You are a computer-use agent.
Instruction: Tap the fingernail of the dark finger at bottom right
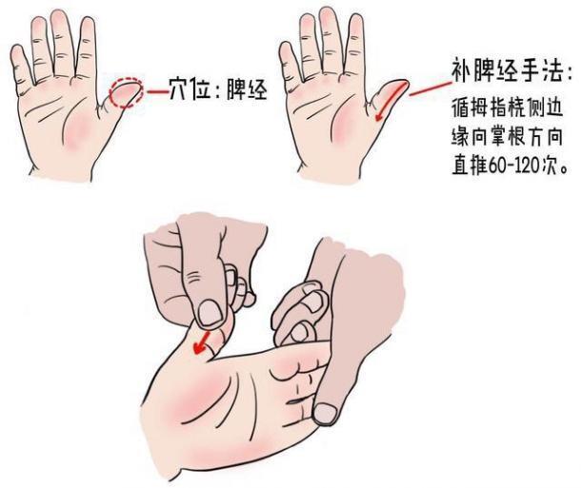[x=328, y=413]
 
